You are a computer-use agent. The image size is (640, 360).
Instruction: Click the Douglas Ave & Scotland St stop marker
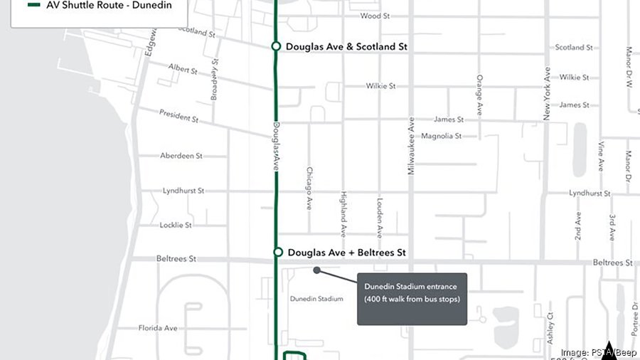click(x=276, y=47)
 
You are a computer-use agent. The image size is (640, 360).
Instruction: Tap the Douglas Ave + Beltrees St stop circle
click(x=278, y=253)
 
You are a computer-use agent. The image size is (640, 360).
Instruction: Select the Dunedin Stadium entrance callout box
click(x=412, y=299)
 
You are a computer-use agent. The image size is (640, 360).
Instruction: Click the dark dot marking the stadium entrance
click(x=316, y=270)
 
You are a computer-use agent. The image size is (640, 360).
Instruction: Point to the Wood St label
click(x=375, y=16)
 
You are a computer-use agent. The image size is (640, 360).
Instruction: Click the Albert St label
click(x=183, y=68)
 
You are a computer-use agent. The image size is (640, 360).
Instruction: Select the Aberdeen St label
click(x=181, y=156)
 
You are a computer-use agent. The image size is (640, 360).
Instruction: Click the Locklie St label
click(x=176, y=225)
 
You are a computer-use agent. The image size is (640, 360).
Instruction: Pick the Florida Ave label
click(x=158, y=328)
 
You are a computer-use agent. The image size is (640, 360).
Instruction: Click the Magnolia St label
click(x=442, y=136)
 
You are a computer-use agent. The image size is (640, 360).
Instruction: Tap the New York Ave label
click(x=547, y=92)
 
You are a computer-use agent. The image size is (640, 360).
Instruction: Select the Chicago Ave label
click(x=309, y=189)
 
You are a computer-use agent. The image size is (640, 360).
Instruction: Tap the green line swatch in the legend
click(x=33, y=4)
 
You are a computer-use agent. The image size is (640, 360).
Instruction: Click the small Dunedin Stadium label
click(x=316, y=299)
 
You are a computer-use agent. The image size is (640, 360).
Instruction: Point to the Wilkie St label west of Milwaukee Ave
click(x=381, y=86)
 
